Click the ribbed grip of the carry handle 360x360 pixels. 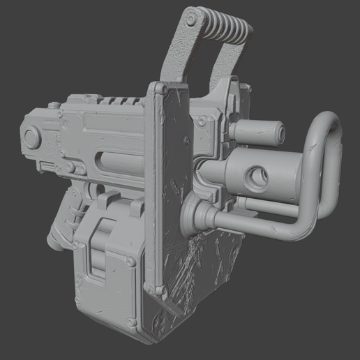pyautogui.click(x=223, y=27)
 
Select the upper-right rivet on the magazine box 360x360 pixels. pyautogui.click(x=130, y=262)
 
